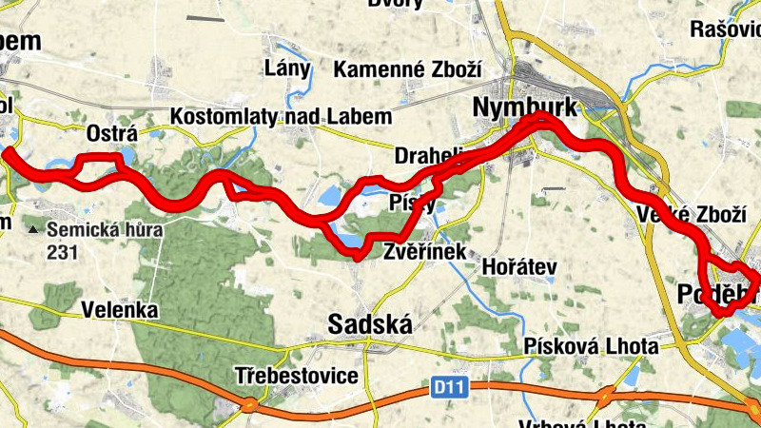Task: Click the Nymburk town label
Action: click(525, 108)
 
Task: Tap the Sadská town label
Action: click(370, 325)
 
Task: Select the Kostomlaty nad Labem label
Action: click(281, 117)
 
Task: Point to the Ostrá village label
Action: click(112, 131)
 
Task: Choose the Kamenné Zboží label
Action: click(408, 69)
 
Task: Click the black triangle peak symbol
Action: click(34, 229)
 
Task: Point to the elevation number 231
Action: click(60, 252)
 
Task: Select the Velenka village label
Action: click(118, 310)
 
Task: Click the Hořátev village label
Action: click(518, 267)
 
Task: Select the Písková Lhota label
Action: click(590, 346)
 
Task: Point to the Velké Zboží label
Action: click(691, 215)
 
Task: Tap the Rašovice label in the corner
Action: click(727, 29)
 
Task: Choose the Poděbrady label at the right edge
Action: click(718, 296)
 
